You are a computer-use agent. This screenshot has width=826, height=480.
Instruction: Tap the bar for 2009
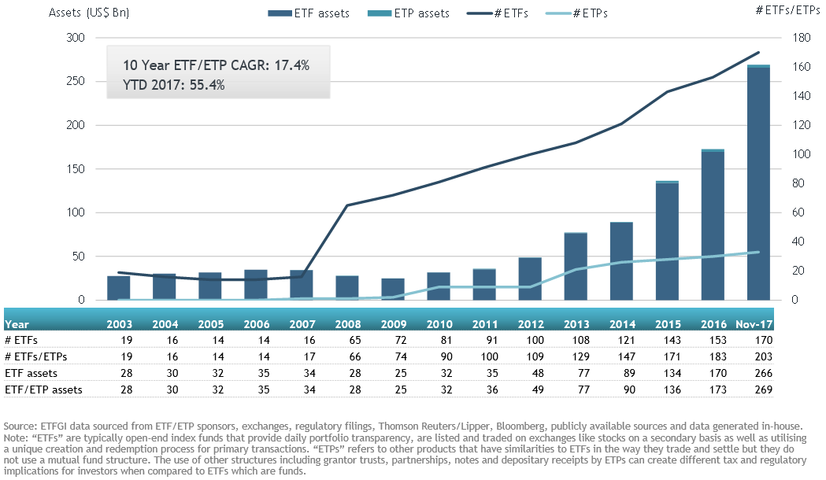point(393,289)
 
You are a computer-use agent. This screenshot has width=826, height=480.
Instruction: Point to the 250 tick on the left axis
point(75,82)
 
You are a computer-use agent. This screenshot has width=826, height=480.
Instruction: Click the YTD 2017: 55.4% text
point(174,86)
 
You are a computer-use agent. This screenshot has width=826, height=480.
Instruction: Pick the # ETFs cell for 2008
point(348,340)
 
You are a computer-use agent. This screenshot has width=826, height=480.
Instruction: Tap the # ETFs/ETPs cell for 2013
point(576,356)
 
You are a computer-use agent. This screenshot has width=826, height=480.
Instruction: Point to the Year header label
point(17,323)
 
